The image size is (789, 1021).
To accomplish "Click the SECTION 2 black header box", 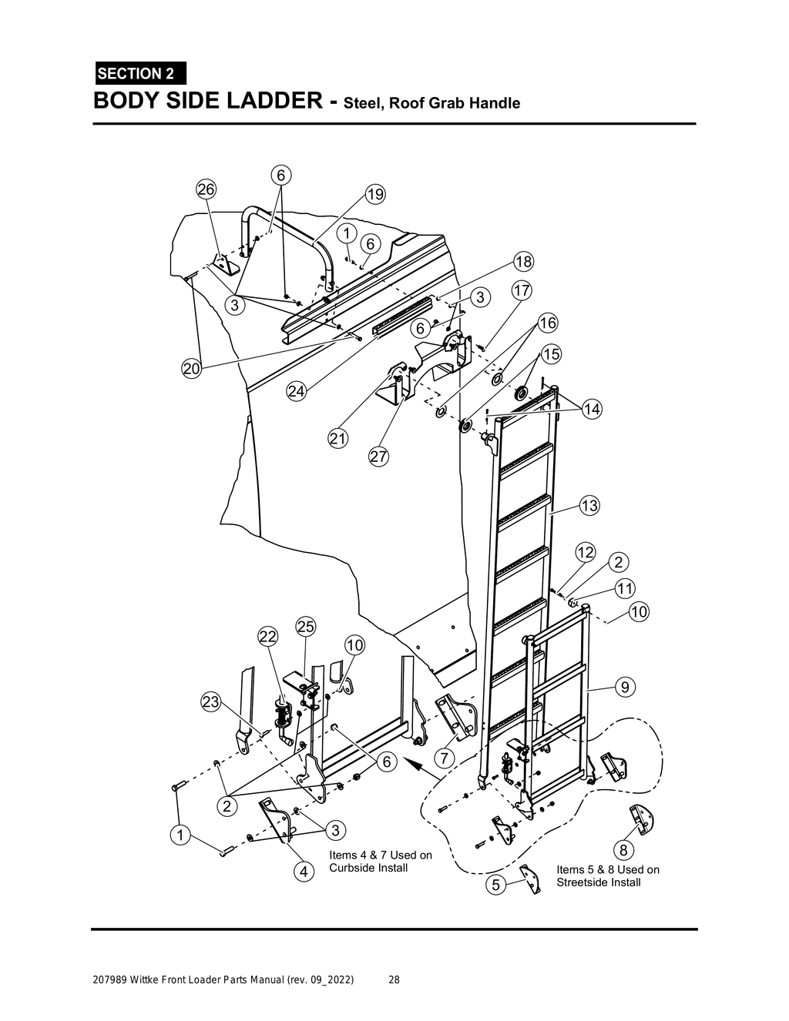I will click(x=139, y=74).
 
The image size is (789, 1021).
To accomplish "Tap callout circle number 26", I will click(x=206, y=189).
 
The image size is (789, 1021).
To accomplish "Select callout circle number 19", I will click(x=375, y=194).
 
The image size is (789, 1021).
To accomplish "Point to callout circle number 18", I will click(x=523, y=262).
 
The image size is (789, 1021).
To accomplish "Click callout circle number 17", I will click(x=522, y=290).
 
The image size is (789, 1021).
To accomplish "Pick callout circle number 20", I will click(x=192, y=369).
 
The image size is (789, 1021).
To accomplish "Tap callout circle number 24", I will click(x=297, y=391).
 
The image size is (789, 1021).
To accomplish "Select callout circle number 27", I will click(x=378, y=456).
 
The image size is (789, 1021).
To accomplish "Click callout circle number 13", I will click(x=589, y=506).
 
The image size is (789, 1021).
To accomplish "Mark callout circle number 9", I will click(x=625, y=686).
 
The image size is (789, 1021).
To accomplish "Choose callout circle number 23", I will click(x=210, y=701).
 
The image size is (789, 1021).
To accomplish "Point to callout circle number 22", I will click(x=267, y=636).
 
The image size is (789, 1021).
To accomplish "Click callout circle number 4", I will click(x=304, y=872).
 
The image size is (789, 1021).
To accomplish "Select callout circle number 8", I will click(x=625, y=850).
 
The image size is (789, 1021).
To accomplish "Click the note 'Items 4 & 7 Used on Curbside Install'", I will click(x=380, y=862).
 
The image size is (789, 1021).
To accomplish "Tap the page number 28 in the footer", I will click(x=394, y=980).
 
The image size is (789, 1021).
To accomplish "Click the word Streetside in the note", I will click(x=583, y=882).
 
